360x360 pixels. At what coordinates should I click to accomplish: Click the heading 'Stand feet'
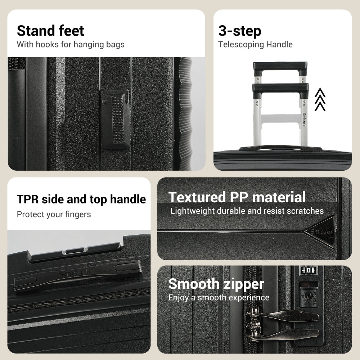(50, 31)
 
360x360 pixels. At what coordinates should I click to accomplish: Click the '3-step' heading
(240, 31)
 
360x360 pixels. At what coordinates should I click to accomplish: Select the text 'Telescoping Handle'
(255, 44)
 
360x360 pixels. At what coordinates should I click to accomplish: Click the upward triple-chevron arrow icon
(320, 99)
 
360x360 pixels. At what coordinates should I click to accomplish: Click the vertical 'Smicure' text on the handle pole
(304, 120)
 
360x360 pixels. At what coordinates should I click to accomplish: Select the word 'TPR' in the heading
(28, 199)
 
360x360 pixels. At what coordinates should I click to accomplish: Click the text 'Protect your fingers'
(54, 215)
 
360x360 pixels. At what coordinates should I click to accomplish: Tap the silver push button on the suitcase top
(75, 251)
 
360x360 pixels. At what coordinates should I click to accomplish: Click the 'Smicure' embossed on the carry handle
(75, 273)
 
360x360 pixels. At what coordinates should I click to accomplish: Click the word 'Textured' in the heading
(197, 197)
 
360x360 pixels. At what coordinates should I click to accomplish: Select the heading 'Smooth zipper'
(216, 284)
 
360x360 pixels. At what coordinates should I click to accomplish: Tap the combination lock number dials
(309, 270)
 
